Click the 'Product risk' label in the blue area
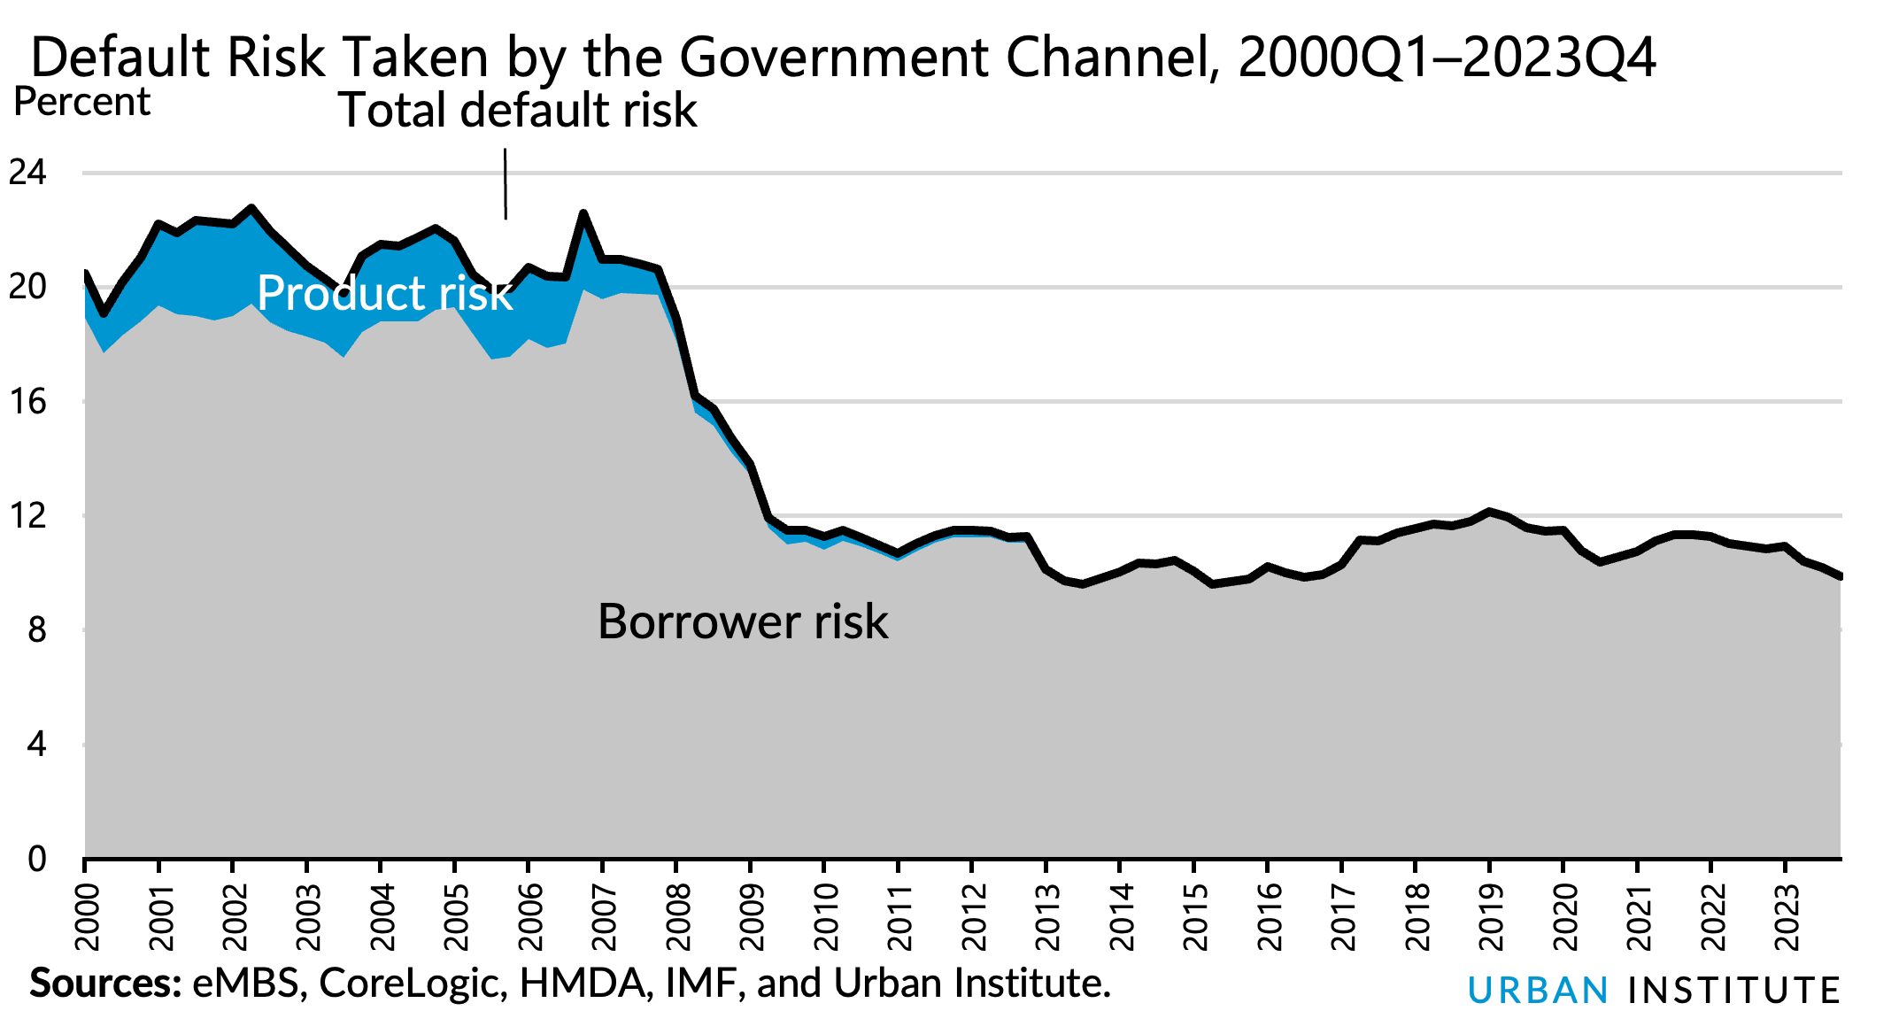coord(384,293)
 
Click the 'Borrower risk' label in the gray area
coord(742,621)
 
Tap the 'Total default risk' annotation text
coord(518,111)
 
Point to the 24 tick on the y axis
coord(27,172)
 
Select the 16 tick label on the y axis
coord(27,402)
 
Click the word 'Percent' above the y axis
coord(82,103)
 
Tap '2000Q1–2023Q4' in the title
coord(1446,58)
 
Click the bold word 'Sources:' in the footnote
coord(104,984)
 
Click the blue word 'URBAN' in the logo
coord(1538,991)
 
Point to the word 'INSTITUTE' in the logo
coord(1734,991)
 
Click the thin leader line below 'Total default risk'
coord(506,184)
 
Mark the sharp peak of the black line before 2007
coord(583,212)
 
